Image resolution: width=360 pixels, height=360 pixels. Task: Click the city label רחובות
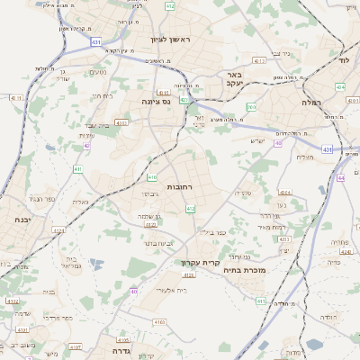180,186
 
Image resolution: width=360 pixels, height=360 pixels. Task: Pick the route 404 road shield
339,87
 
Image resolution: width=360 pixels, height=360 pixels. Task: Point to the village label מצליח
304,157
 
